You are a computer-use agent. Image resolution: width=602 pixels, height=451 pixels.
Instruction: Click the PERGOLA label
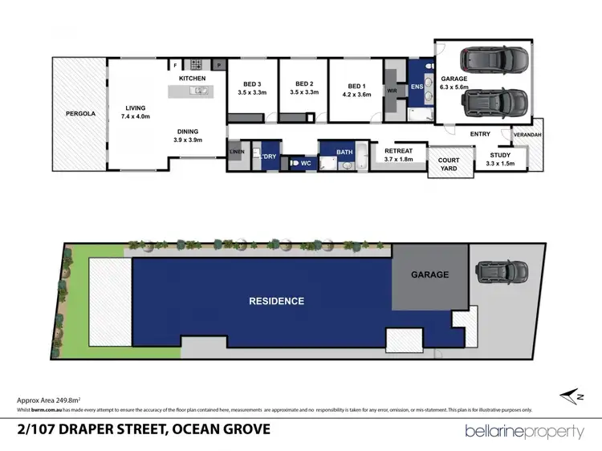(x=80, y=114)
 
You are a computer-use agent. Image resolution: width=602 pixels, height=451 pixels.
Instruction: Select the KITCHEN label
(x=193, y=78)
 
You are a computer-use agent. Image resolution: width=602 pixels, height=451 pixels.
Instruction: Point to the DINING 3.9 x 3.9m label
(x=188, y=136)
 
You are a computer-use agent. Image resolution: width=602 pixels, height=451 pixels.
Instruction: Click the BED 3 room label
(x=252, y=88)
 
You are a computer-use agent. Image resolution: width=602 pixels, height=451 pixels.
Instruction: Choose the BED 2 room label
(x=304, y=88)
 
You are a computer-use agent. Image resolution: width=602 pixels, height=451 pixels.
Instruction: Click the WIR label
(x=392, y=91)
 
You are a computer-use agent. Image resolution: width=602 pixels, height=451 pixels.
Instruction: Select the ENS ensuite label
(x=417, y=86)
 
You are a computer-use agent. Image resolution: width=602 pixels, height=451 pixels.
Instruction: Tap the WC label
(x=305, y=163)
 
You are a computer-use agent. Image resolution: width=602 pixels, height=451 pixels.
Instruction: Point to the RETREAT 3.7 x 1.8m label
(x=398, y=155)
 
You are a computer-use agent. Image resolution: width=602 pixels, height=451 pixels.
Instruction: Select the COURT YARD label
(x=449, y=165)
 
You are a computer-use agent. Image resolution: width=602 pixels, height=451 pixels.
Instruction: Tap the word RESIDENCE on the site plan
(x=276, y=301)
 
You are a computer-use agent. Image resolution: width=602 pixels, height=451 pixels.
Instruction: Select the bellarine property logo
(x=525, y=431)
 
